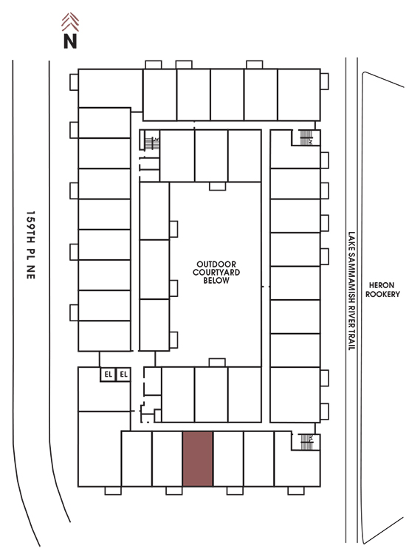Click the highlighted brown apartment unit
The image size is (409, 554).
coord(198,459)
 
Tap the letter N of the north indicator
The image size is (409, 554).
coord(70,41)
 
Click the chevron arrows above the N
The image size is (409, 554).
coord(70,22)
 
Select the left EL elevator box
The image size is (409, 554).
coord(108,375)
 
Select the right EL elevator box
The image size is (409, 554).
coord(123,375)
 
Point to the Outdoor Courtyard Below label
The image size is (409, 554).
coord(216,272)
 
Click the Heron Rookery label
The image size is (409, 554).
coord(382,290)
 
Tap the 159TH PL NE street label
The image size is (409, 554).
coord(31,244)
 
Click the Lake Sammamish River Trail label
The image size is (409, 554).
coord(351,291)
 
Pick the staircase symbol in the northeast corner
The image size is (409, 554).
coord(306,137)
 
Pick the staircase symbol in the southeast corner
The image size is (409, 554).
coord(306,442)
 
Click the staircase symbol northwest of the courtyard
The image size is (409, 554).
coord(152,143)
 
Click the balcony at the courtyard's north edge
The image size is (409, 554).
coord(217,186)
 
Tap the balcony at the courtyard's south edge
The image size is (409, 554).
coord(217,363)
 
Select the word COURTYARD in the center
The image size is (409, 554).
coord(216,272)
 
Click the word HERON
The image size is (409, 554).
coord(382,285)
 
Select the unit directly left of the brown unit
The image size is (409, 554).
coord(168,459)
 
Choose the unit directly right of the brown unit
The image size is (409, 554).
coord(228,459)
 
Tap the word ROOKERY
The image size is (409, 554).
coord(382,294)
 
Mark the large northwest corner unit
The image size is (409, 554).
coord(109,89)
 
